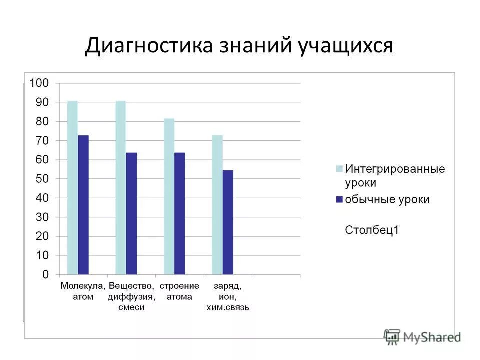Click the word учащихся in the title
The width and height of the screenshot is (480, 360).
coord(346,46)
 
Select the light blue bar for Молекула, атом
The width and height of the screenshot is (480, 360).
coord(73,187)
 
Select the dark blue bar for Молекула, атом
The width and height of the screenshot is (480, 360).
coord(83,205)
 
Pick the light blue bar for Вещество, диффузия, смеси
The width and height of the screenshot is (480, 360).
coord(121,187)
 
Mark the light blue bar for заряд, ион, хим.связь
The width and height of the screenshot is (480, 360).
coord(217,205)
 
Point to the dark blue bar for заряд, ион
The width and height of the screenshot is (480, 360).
coord(228,222)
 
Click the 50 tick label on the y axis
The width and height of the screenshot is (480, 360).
coord(42,179)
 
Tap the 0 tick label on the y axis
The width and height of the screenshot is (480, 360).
coord(45,274)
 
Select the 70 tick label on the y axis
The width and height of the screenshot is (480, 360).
coord(42,140)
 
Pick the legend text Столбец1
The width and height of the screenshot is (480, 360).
coord(372,230)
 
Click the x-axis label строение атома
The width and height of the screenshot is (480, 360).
coord(179,291)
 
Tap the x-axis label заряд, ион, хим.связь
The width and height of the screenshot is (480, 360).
coord(228,296)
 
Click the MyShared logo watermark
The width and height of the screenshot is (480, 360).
coord(423,336)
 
